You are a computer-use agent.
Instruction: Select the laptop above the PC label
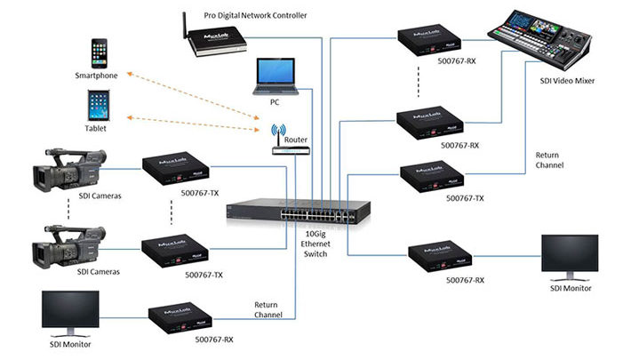pyautogui.click(x=274, y=77)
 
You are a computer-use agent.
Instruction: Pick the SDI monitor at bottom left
pyautogui.click(x=75, y=313)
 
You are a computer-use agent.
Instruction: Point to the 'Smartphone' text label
pyautogui.click(x=97, y=76)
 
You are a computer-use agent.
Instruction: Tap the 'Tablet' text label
pyautogui.click(x=97, y=129)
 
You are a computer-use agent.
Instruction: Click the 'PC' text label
pyautogui.click(x=275, y=102)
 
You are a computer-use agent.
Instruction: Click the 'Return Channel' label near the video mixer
pyautogui.click(x=548, y=160)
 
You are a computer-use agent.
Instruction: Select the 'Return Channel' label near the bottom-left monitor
pyautogui.click(x=268, y=310)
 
